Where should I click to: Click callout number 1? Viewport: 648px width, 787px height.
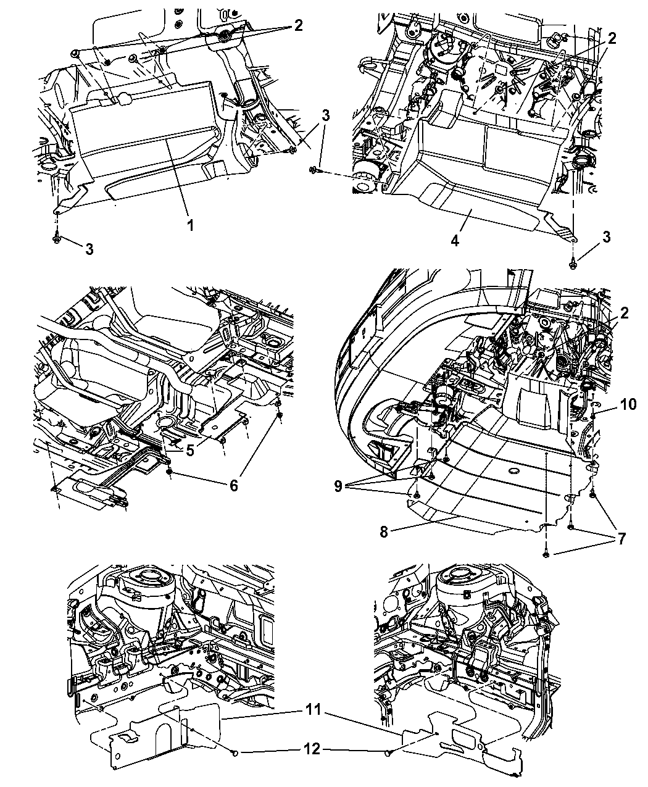190,226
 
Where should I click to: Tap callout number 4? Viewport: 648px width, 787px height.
455,240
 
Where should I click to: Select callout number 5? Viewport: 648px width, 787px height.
190,451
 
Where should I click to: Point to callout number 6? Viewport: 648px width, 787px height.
233,486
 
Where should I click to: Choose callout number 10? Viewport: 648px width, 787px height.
628,404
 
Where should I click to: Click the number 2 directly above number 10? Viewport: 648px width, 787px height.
625,314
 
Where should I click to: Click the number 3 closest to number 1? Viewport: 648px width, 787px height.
89,249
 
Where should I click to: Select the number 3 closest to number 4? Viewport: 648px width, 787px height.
607,236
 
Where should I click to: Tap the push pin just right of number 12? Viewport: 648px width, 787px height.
388,752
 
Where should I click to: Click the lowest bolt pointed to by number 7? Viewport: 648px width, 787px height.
546,555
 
